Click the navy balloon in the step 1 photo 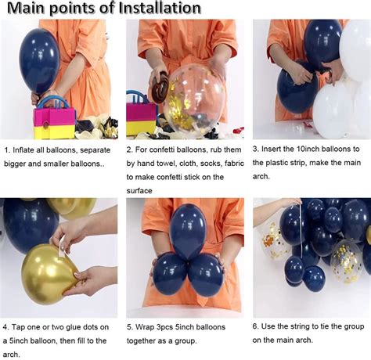(39, 59)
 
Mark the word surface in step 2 (142, 191)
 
